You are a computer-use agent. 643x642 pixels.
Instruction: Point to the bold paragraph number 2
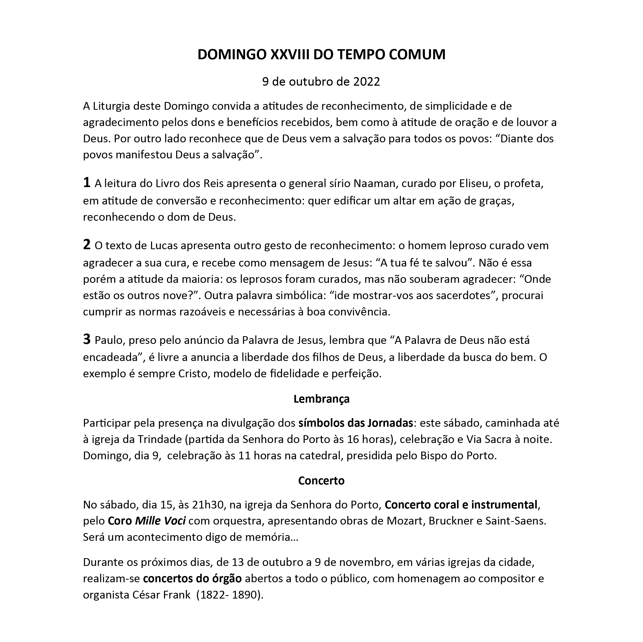[87, 245]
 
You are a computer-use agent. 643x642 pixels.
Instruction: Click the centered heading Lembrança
[321, 399]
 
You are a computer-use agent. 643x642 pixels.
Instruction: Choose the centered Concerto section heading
[321, 481]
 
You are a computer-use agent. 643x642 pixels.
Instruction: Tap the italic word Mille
[147, 521]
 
